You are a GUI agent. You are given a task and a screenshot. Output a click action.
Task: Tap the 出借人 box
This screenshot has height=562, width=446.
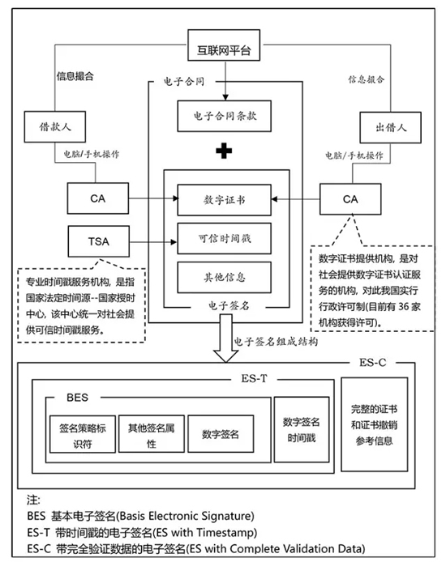(x=370, y=127)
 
